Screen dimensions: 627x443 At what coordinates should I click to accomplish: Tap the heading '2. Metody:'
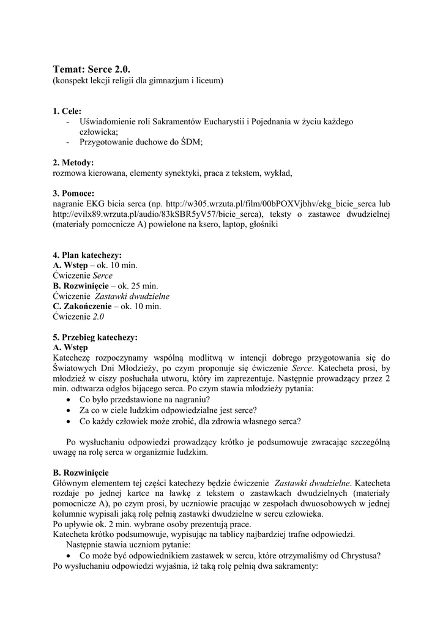(73, 162)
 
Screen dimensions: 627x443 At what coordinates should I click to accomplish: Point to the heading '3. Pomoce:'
(73, 193)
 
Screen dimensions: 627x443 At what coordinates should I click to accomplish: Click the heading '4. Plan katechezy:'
(87, 255)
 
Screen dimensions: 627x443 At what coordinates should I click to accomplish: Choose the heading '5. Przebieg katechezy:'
(95, 337)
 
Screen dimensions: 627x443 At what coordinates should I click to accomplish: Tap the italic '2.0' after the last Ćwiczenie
(99, 317)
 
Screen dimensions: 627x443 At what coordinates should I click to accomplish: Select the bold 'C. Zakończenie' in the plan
(81, 306)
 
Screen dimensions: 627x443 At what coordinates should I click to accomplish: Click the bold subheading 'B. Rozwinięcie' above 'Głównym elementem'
(81, 473)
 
